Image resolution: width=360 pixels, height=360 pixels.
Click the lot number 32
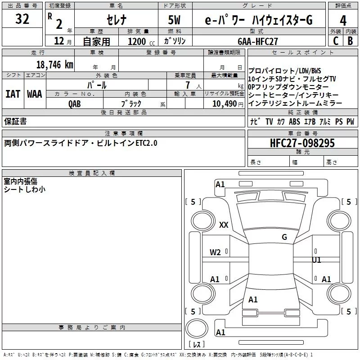pyautogui.click(x=22, y=19)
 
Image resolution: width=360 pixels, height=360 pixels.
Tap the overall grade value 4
pyautogui.click(x=343, y=20)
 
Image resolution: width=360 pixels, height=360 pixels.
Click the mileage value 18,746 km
pyautogui.click(x=54, y=64)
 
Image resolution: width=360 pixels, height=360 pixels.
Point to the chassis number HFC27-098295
pyautogui.click(x=302, y=143)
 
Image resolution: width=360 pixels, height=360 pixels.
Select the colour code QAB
pyautogui.click(x=75, y=103)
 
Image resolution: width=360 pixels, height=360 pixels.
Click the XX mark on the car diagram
pyautogui.click(x=224, y=225)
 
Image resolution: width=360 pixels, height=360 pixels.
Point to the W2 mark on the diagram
pyautogui.click(x=215, y=252)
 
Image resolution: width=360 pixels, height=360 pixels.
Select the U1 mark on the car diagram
pyautogui.click(x=317, y=260)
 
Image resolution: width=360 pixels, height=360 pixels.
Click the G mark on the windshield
pyautogui.click(x=284, y=237)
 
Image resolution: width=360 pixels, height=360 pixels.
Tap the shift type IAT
pyautogui.click(x=13, y=94)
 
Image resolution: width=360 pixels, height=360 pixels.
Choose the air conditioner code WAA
pyautogui.click(x=35, y=94)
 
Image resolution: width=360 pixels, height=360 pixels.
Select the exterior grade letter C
pyautogui.click(x=335, y=41)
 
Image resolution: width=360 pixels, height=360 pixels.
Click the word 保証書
pyautogui.click(x=15, y=121)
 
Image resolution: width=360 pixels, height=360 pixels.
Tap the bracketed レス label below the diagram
pyautogui.click(x=196, y=345)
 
